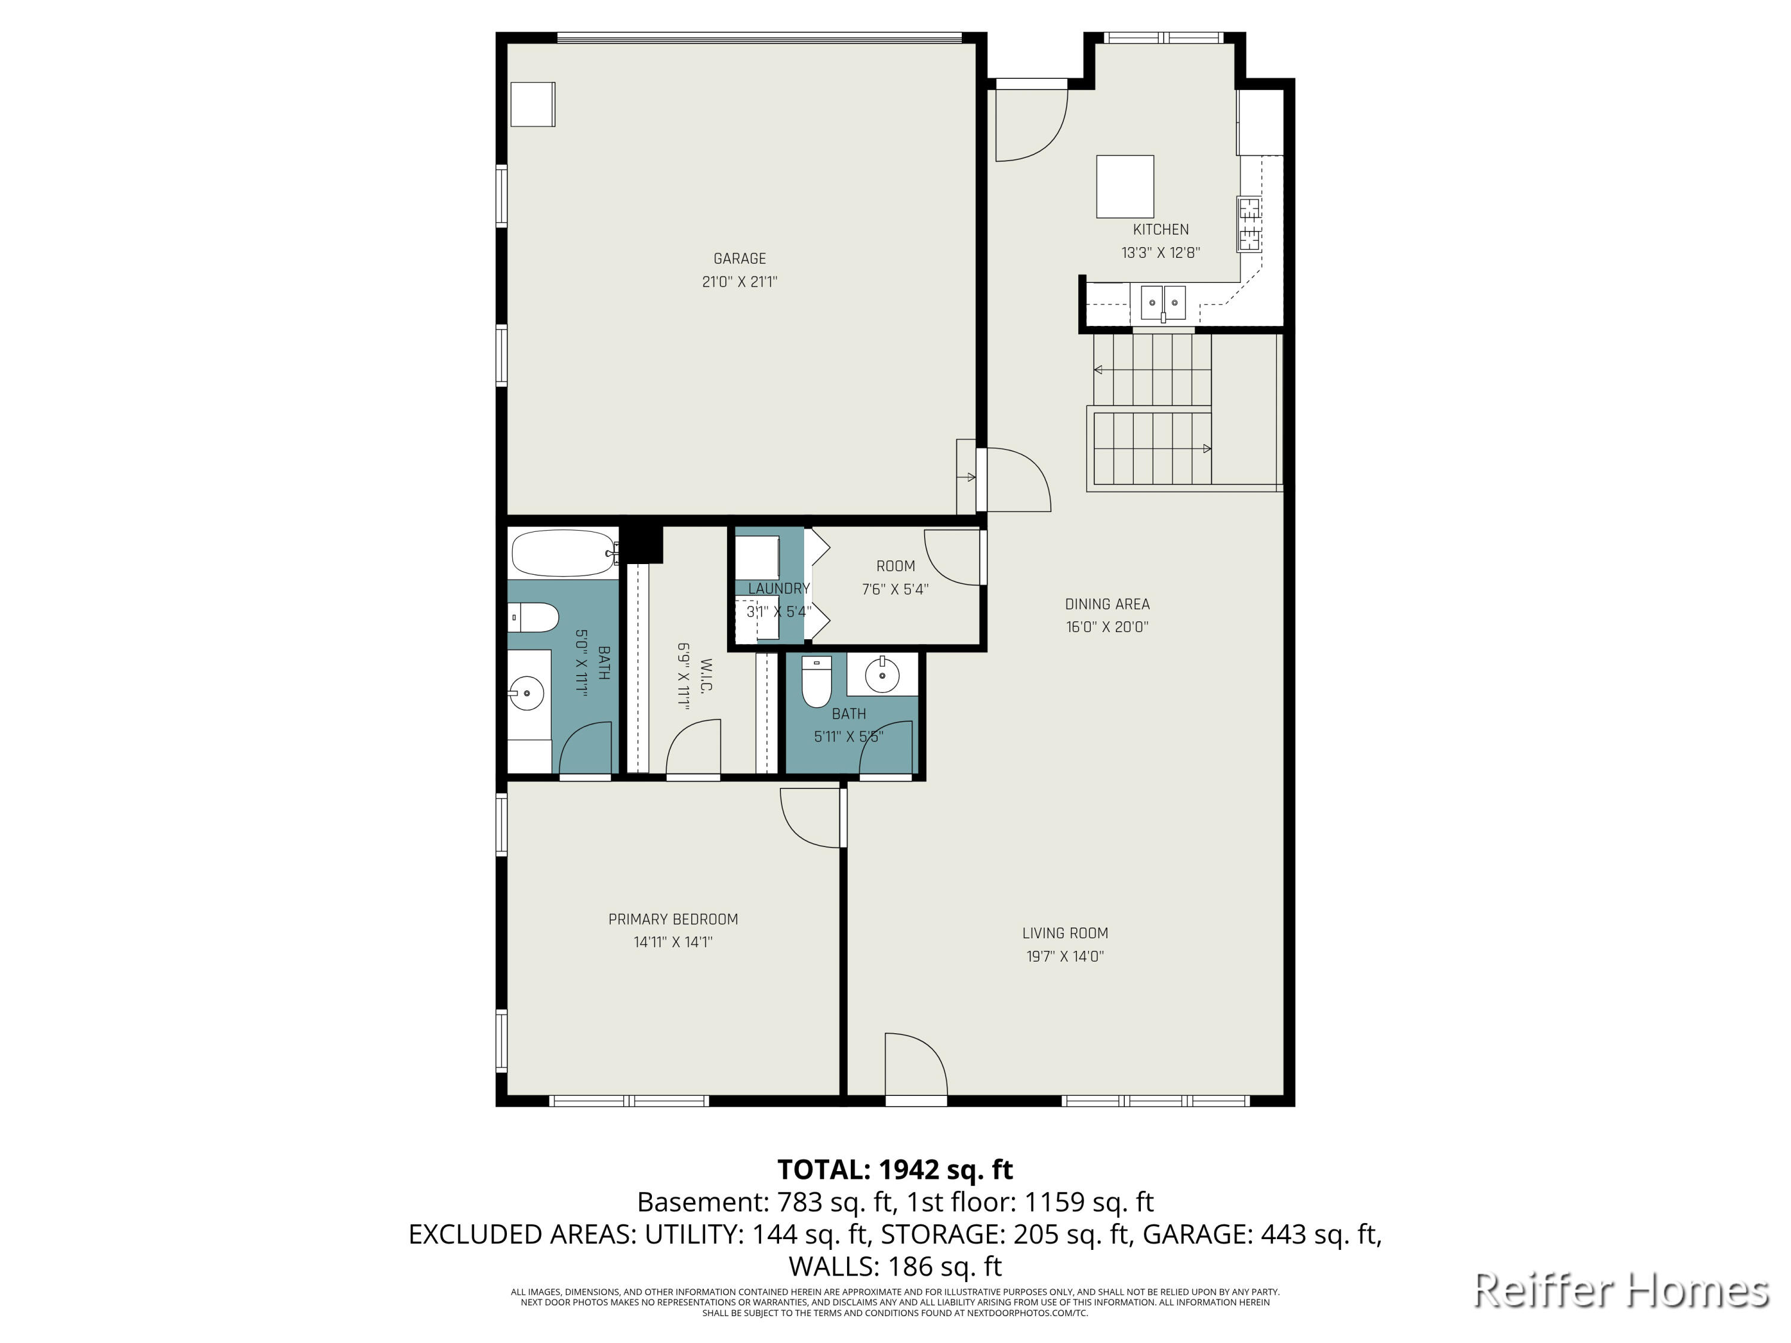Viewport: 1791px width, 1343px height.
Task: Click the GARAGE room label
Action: click(x=739, y=258)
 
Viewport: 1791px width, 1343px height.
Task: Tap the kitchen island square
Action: click(x=1125, y=186)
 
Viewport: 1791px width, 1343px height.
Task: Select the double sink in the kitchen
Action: click(x=1163, y=303)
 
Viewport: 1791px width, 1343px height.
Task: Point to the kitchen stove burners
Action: click(x=1248, y=223)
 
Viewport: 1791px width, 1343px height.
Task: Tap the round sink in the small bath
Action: click(x=882, y=674)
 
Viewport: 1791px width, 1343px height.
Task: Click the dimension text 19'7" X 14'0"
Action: click(x=1064, y=956)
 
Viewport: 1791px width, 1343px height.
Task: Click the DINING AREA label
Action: click(x=1107, y=604)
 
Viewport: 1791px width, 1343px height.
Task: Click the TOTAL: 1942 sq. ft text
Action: click(x=895, y=1170)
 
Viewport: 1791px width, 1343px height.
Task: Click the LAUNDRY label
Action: click(x=778, y=589)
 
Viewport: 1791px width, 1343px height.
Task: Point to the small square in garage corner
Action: click(x=532, y=104)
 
